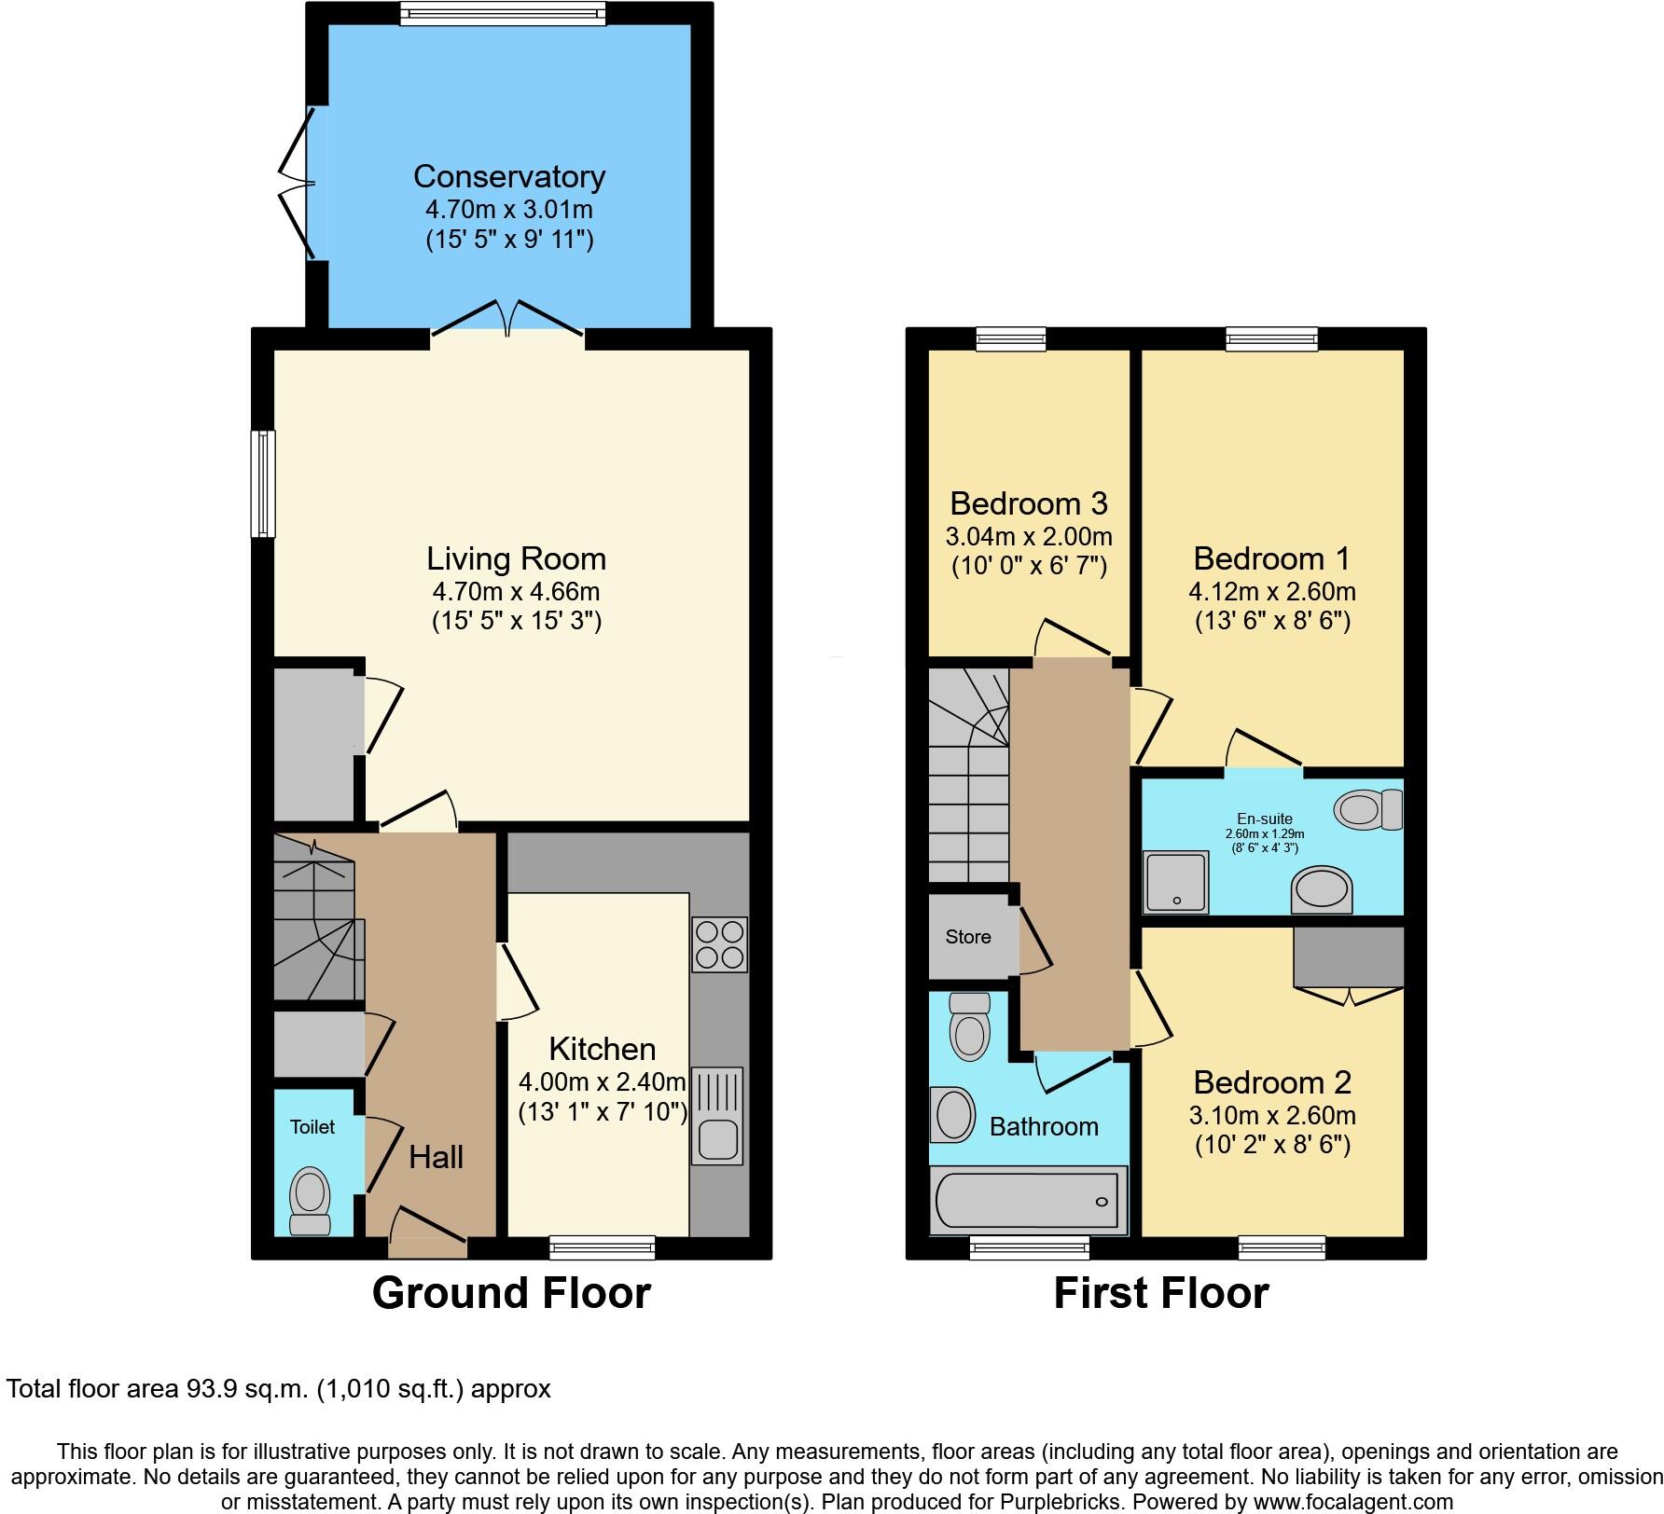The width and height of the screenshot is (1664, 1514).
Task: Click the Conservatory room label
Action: (509, 176)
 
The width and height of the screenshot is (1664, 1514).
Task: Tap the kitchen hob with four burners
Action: (719, 945)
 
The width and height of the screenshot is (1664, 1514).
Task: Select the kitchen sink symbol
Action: (716, 1116)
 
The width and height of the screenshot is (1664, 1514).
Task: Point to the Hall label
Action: (436, 1157)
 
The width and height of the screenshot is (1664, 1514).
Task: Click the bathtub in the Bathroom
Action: (1028, 1200)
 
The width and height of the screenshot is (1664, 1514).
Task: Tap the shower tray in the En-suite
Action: (1176, 881)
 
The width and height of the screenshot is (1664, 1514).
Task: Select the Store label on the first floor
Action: (968, 937)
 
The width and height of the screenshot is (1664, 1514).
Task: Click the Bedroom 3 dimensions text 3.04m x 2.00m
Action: (1029, 537)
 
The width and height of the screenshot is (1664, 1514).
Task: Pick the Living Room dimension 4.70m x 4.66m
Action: (516, 591)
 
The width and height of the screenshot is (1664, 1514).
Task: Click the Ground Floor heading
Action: (511, 1293)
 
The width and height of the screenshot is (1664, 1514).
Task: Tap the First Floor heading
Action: (1160, 1293)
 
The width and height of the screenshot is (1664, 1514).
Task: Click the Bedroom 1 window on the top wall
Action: (1271, 339)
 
